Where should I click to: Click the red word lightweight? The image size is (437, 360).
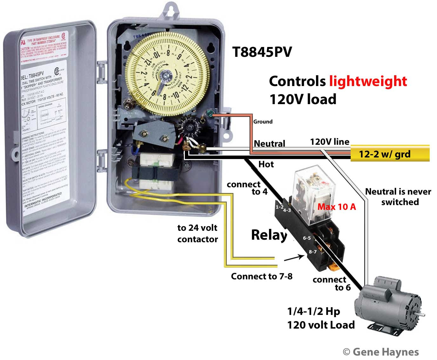(368, 81)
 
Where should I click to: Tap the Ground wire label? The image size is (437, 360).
(263, 122)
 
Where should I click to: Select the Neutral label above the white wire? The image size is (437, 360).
(269, 143)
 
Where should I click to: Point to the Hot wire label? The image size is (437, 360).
(266, 164)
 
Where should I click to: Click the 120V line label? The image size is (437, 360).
(330, 142)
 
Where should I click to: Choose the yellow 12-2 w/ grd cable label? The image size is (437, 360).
(385, 154)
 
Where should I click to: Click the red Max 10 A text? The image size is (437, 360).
(337, 207)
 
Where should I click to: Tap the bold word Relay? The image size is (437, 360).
(269, 235)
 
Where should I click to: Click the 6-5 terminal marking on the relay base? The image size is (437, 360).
(307, 238)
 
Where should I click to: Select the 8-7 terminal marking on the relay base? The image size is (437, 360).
(313, 252)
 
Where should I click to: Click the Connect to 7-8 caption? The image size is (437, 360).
(261, 277)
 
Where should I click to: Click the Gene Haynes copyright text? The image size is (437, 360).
(381, 352)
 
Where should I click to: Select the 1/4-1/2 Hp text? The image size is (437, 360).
(313, 311)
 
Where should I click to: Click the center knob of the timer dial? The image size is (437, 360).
(165, 77)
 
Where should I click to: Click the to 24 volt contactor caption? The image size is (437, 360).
(197, 233)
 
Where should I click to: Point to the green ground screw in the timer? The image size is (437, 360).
(210, 113)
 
